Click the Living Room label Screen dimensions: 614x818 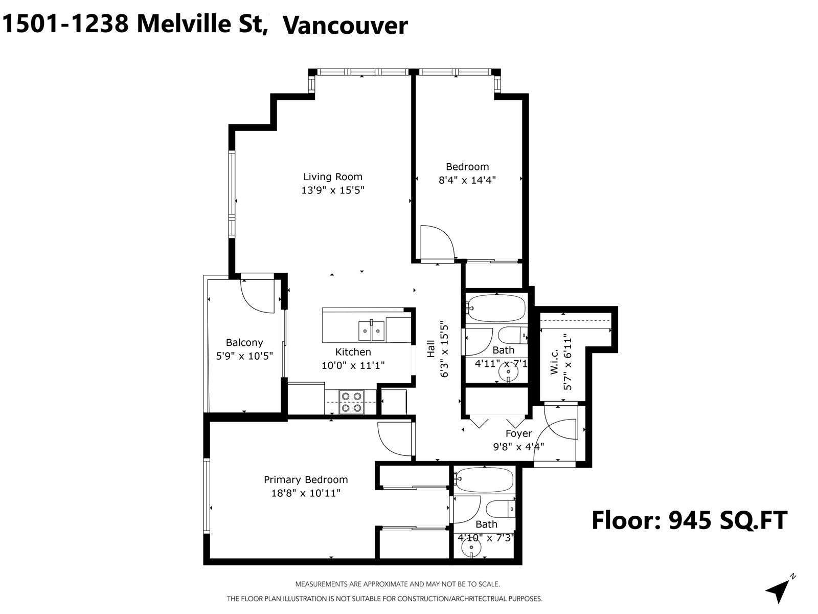click(332, 177)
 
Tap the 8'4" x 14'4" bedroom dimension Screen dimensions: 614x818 click(467, 180)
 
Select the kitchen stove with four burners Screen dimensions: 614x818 click(352, 402)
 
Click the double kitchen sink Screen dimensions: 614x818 click(371, 331)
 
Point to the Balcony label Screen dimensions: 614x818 click(244, 343)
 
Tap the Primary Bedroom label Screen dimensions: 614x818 click(305, 480)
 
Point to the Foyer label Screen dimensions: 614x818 click(518, 434)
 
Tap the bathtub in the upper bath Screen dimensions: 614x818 click(496, 308)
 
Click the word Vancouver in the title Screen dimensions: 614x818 click(345, 26)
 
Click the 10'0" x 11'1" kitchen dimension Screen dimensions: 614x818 click(353, 365)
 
